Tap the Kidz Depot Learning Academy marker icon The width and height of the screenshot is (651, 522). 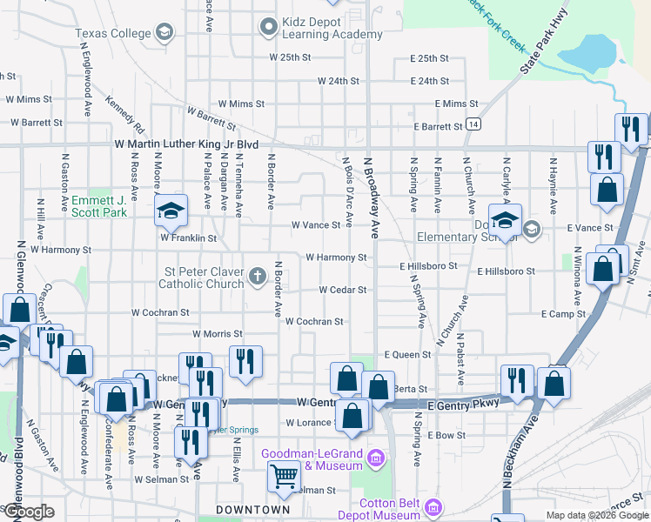click(x=269, y=27)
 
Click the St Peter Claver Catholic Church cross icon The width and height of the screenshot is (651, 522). click(x=257, y=276)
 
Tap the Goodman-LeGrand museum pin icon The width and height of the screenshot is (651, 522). click(x=376, y=458)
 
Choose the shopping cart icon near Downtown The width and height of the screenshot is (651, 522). click(x=284, y=476)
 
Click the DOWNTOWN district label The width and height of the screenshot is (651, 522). click(x=253, y=510)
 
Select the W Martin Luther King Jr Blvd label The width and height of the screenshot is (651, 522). click(x=186, y=144)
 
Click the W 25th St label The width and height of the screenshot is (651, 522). click(x=290, y=57)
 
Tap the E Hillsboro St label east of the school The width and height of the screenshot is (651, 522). click(x=506, y=271)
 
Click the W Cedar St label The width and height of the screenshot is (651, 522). click(x=342, y=290)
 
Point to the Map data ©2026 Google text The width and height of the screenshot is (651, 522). click(x=597, y=515)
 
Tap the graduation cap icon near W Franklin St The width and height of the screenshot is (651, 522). click(x=169, y=210)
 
